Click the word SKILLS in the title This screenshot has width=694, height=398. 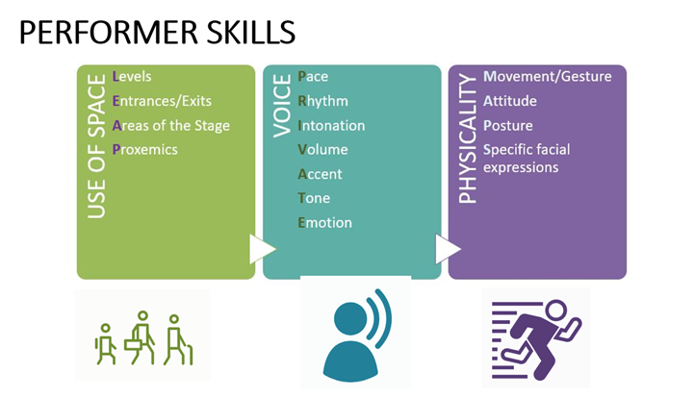pyautogui.click(x=250, y=33)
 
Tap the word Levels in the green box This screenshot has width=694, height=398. pyautogui.click(x=132, y=77)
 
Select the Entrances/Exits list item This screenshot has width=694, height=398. pyautogui.click(x=162, y=101)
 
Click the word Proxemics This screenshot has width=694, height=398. pyautogui.click(x=145, y=149)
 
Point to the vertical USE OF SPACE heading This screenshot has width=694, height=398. pyautogui.click(x=96, y=146)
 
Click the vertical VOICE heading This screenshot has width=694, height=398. pyautogui.click(x=282, y=106)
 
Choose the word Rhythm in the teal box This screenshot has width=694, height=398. pyautogui.click(x=323, y=101)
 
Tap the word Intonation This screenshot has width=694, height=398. pyautogui.click(x=331, y=126)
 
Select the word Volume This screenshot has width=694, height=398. pyautogui.click(x=323, y=149)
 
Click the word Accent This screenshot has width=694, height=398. pyautogui.click(x=320, y=174)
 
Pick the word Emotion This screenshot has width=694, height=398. pyautogui.click(x=325, y=222)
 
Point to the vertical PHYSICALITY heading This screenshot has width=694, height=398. pyautogui.click(x=468, y=138)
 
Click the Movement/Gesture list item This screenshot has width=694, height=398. pyautogui.click(x=548, y=77)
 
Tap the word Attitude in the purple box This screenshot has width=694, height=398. pyautogui.click(x=510, y=101)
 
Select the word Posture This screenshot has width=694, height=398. pyautogui.click(x=508, y=126)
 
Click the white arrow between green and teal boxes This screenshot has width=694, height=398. pyautogui.click(x=261, y=249)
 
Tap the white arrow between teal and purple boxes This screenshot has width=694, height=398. pyautogui.click(x=447, y=249)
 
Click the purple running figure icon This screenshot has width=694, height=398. pyautogui.click(x=537, y=339)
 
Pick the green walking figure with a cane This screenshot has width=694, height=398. pyautogui.click(x=178, y=339)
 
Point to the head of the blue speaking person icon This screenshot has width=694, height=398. pyautogui.click(x=350, y=318)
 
